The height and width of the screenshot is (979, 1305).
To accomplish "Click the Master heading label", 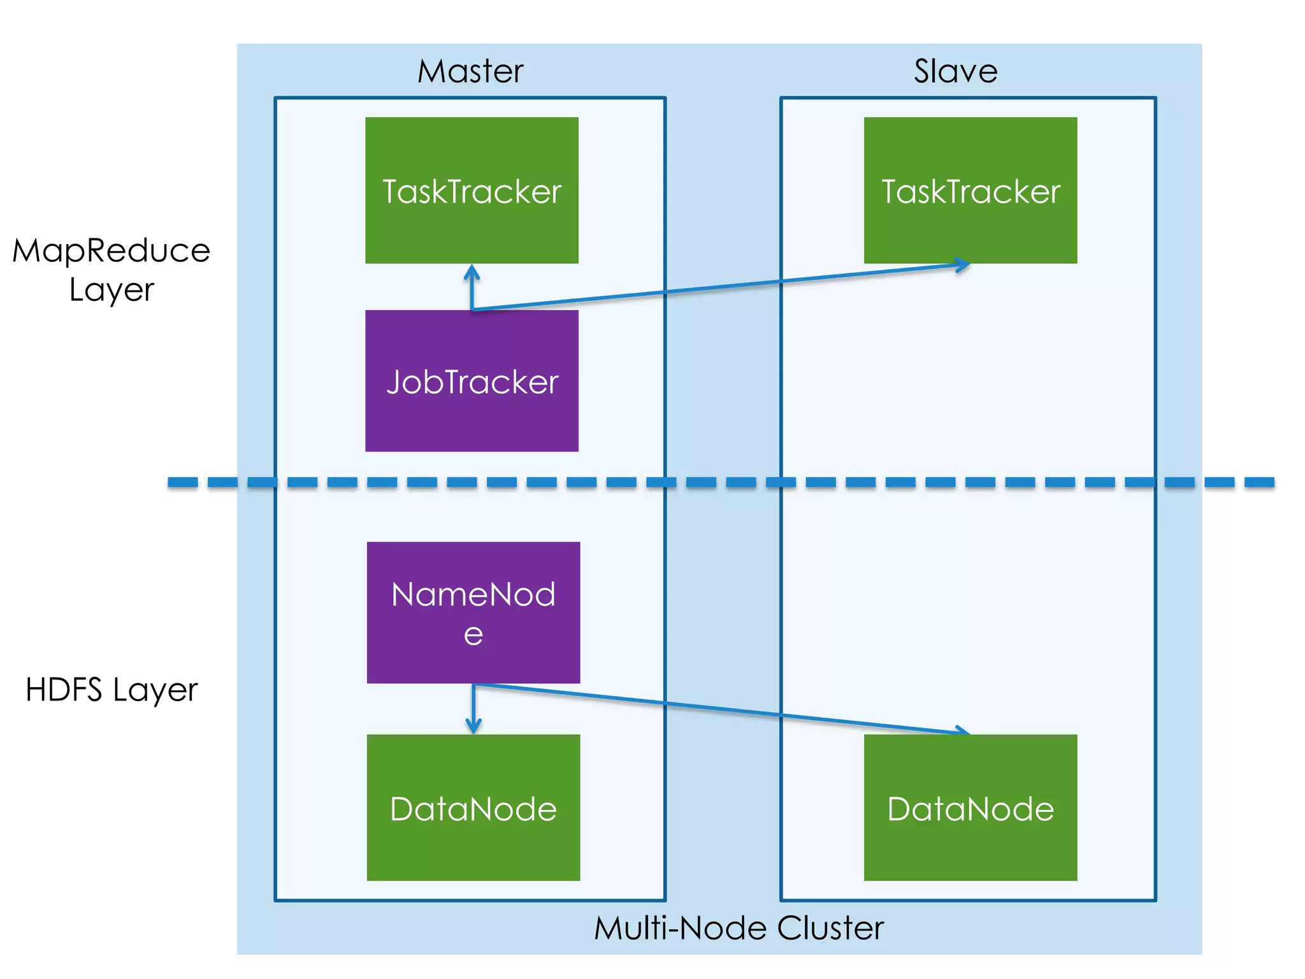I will pos(470,71).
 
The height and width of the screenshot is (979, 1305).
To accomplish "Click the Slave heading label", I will pos(955,71).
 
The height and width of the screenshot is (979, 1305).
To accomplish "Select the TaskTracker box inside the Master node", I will pos(472,190).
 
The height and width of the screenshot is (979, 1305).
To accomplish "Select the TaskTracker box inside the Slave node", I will pos(970,190).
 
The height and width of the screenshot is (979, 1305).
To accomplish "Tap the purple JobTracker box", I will pos(472,381).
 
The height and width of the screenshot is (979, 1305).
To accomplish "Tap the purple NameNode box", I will pos(473,612).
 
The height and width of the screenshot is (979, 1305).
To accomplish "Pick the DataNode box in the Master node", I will pos(473,808).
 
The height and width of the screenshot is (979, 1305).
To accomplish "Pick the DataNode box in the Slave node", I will pos(970,808).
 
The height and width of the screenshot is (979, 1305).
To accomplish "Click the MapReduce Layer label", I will pos(112,269).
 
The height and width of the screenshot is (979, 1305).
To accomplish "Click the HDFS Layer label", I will pos(112,690).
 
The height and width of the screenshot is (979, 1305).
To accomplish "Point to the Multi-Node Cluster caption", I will pos(739,928).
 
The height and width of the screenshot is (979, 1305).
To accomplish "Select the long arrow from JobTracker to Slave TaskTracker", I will pos(720,287).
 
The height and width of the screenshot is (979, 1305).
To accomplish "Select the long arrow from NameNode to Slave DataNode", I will pos(720,707).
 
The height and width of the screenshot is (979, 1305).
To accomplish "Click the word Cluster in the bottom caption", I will pos(830,928).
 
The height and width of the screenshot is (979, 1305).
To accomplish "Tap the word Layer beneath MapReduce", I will pos(112,290).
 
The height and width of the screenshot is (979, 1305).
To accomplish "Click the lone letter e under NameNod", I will pos(473,635).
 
